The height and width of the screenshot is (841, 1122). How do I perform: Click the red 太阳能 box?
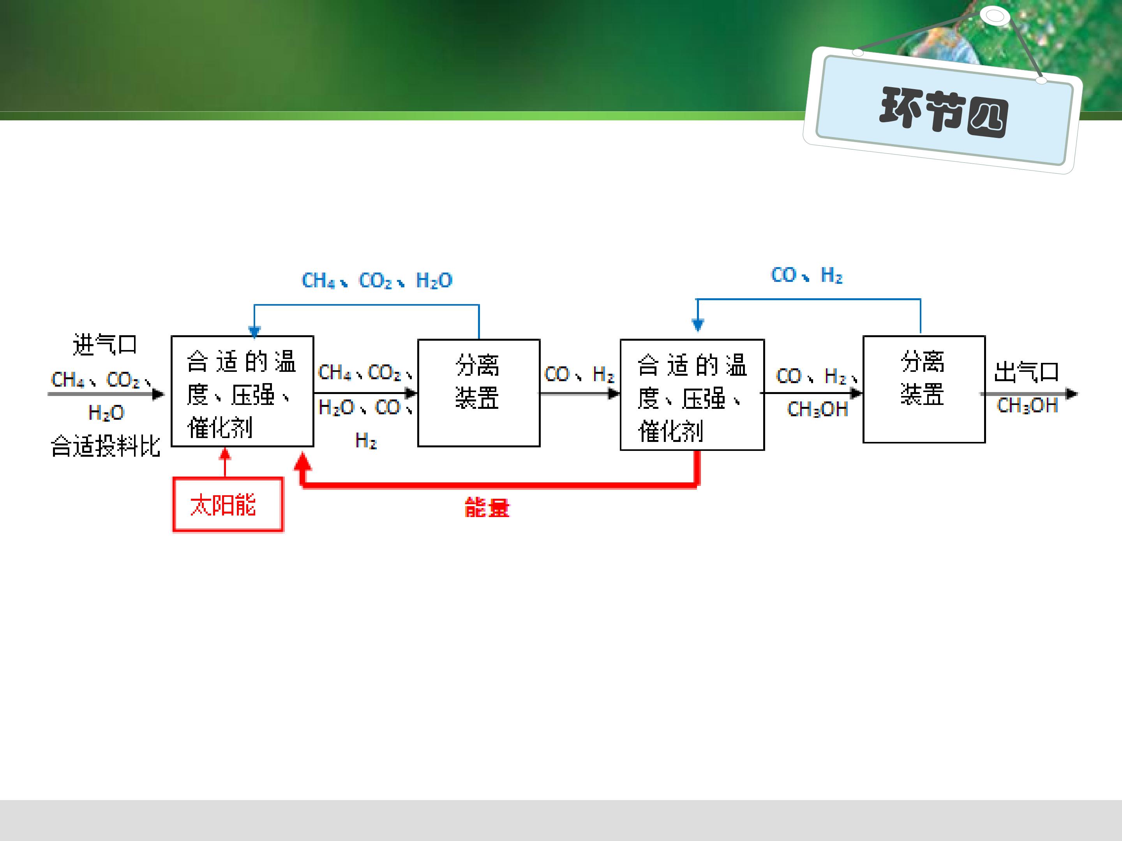tap(228, 504)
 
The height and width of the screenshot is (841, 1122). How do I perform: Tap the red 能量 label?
tap(487, 507)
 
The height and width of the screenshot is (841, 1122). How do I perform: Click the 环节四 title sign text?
tap(944, 111)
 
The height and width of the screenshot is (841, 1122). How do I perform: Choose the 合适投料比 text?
tap(106, 446)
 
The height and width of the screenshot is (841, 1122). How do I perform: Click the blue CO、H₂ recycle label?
tap(806, 275)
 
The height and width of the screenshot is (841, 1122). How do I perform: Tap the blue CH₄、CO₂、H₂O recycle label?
tap(377, 280)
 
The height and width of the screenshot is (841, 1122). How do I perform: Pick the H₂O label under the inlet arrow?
tap(106, 413)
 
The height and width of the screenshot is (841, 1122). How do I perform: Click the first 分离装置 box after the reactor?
tap(479, 393)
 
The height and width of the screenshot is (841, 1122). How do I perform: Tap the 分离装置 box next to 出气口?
tap(924, 389)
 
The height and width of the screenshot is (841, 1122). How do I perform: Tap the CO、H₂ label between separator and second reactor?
tap(579, 374)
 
